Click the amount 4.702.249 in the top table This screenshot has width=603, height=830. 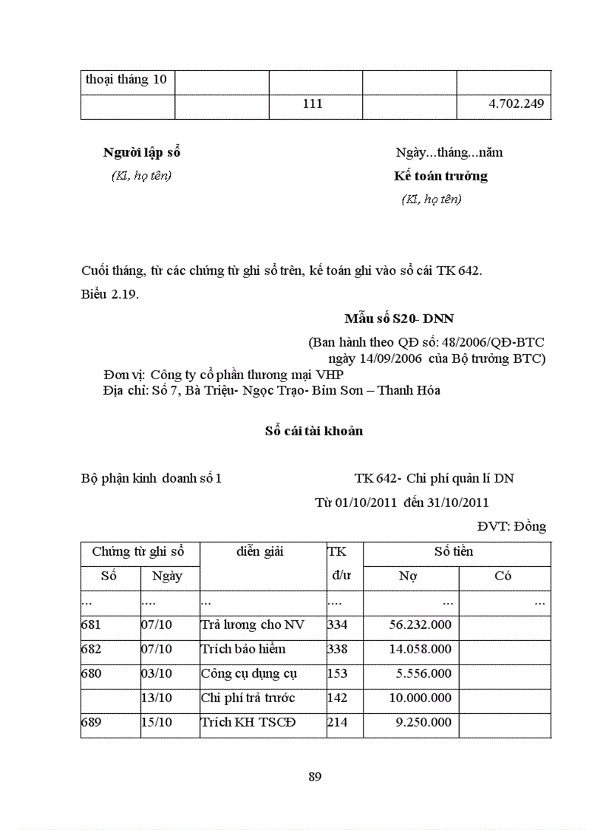point(516,104)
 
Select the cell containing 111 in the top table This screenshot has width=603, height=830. point(313,104)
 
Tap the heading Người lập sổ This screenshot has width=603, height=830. point(142,153)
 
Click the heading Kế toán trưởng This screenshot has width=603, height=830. point(440,176)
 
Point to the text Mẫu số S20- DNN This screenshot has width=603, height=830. point(399,319)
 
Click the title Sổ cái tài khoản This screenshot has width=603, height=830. point(314,431)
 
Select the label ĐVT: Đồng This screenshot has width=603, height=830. point(511,526)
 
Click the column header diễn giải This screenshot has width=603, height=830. point(261,551)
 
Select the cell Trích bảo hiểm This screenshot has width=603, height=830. point(243,649)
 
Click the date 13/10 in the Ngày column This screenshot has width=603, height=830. point(157,698)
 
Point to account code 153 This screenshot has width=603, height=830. point(337,673)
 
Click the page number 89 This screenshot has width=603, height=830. point(314,777)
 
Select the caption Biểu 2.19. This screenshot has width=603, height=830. point(110,294)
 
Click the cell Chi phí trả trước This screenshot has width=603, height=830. point(248,698)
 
